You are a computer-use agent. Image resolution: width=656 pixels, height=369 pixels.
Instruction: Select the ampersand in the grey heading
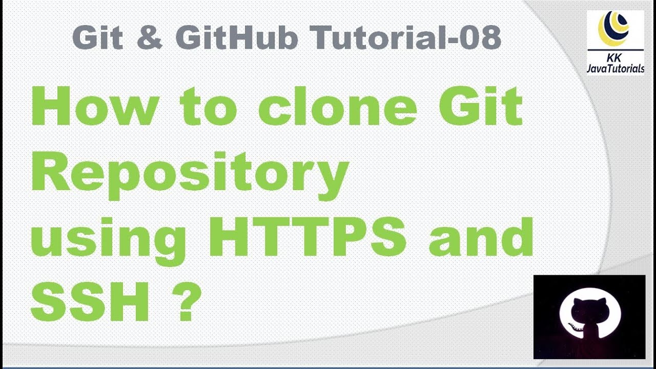point(150,38)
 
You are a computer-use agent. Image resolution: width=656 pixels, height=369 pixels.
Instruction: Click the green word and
point(481,237)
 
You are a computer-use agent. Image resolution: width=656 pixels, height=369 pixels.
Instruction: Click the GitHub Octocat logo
point(589,317)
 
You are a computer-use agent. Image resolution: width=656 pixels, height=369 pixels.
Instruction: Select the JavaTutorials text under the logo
point(615,69)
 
